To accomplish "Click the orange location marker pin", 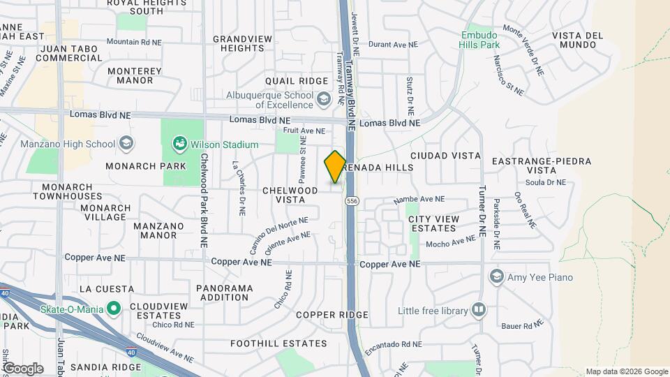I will click(335, 166).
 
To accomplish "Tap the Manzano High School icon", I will click(126, 144).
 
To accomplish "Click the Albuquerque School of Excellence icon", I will click(323, 100).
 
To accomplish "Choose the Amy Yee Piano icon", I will click(497, 277).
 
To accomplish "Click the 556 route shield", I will click(352, 201).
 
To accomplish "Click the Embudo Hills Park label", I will click(480, 40).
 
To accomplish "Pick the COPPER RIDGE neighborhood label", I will click(332, 315).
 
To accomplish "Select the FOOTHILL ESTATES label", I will click(280, 343).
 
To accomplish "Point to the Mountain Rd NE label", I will click(134, 42).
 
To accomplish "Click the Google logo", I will click(23, 368).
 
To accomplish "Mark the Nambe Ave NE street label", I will click(419, 199).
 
